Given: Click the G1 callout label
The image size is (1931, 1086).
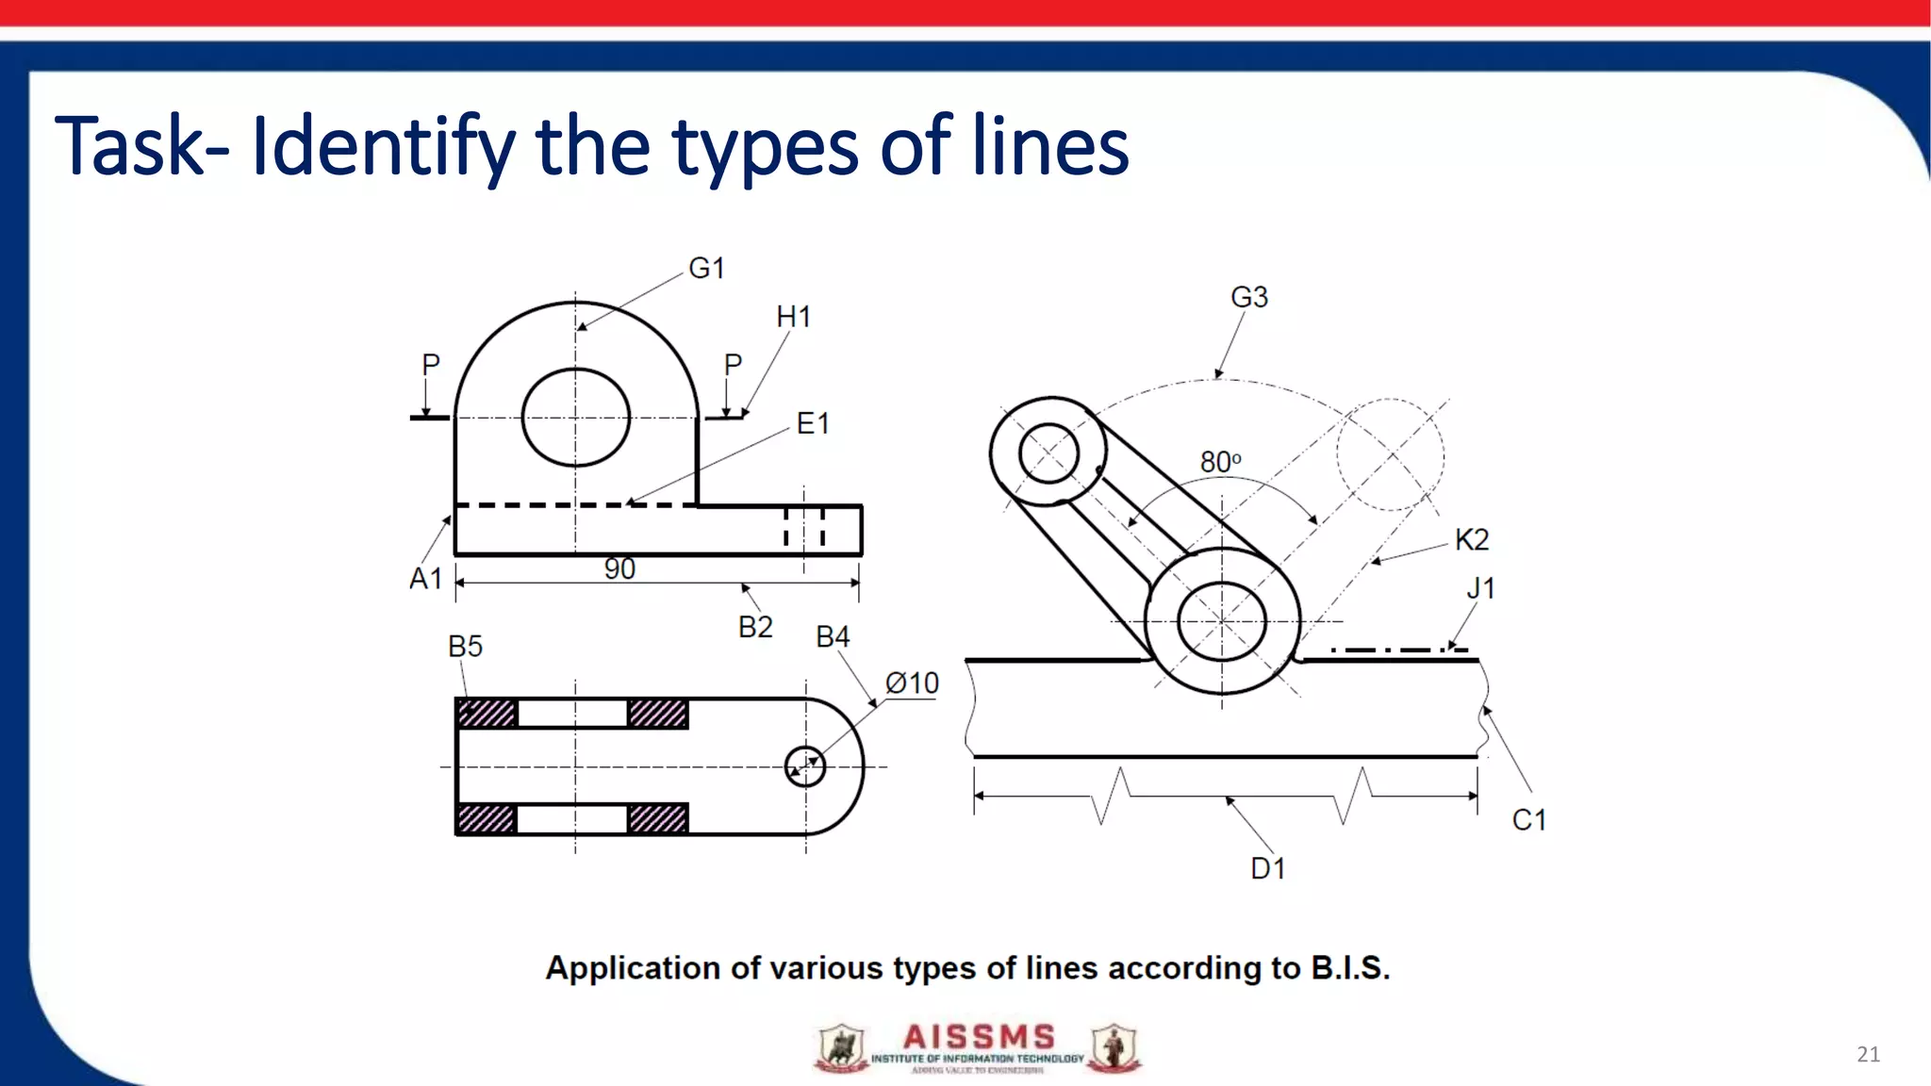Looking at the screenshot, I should click(x=706, y=269).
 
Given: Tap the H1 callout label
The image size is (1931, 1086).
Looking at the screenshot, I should click(x=793, y=317).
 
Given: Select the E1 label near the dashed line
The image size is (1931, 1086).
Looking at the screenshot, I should click(x=812, y=423).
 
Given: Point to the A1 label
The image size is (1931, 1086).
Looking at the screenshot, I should click(x=425, y=578).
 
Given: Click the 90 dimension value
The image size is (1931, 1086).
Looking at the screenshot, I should click(x=619, y=568).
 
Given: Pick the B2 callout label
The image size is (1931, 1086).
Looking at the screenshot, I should click(x=755, y=627).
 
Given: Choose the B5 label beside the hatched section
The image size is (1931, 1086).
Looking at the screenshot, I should click(x=465, y=647).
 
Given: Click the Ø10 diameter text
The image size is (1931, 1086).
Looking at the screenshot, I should click(x=912, y=683).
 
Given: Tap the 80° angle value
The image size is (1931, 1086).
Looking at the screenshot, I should click(x=1220, y=462).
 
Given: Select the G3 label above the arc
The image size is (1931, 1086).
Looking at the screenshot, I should click(x=1249, y=297).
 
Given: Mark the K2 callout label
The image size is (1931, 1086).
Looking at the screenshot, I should click(x=1471, y=539).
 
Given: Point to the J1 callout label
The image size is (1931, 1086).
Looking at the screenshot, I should click(x=1480, y=588).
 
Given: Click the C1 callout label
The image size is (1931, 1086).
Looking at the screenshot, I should click(x=1528, y=820).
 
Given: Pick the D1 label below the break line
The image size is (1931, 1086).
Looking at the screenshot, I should click(x=1267, y=868).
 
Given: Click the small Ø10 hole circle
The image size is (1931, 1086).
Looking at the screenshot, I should click(x=805, y=766).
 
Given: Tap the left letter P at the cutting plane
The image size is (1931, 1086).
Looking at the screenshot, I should click(x=431, y=364).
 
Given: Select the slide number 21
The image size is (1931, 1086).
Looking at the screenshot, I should click(x=1868, y=1054).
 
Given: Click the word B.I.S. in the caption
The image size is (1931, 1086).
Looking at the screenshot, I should click(x=1349, y=968).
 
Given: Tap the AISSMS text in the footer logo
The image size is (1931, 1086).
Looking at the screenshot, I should click(x=978, y=1037).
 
